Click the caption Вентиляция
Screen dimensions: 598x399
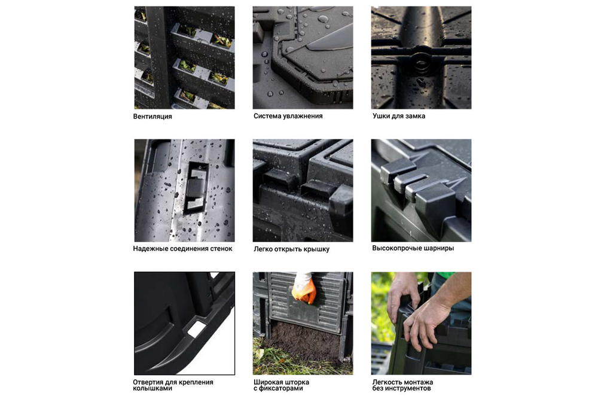coord(152,116)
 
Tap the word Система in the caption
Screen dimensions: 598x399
coord(267,116)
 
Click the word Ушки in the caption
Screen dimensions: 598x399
coord(382,116)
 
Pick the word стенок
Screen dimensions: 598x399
coord(221,249)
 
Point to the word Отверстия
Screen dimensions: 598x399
coord(148,382)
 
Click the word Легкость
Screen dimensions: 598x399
coord(386,382)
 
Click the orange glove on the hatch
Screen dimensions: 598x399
coord(304,290)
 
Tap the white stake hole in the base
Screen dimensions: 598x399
coord(196,328)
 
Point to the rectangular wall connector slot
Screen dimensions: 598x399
coord(196,187)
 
